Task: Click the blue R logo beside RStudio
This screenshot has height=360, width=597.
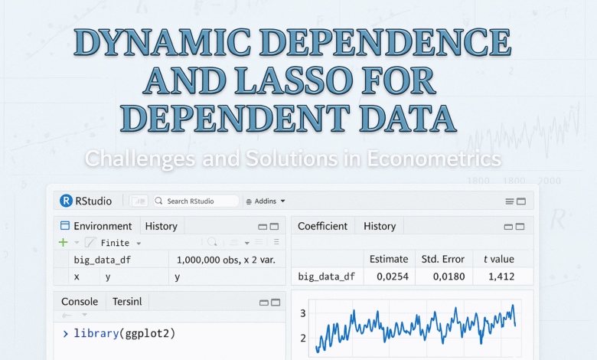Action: (66, 201)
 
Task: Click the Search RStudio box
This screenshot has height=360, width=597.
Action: (196, 201)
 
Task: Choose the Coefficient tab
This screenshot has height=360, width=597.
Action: (322, 226)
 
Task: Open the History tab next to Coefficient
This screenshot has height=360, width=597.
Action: (380, 226)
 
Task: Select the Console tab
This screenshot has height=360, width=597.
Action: (80, 301)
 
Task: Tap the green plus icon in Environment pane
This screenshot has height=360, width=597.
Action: (64, 242)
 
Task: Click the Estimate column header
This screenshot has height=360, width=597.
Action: (389, 259)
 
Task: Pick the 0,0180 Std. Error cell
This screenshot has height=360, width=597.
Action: (442, 277)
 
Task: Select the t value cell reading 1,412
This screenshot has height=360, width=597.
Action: (497, 277)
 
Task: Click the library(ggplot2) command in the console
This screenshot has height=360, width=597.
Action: (124, 333)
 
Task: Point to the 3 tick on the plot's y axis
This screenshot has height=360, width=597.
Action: (303, 313)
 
